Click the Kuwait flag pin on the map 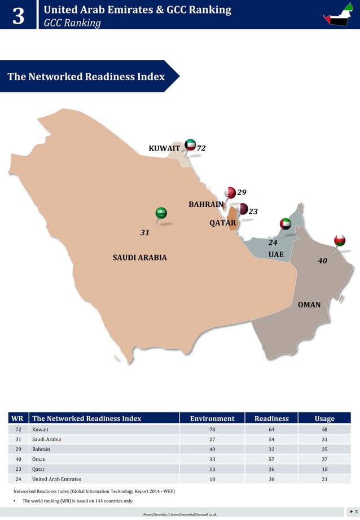[x=191, y=145]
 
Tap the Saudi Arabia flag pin [x=161, y=213]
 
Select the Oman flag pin [x=339, y=240]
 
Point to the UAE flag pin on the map [x=286, y=224]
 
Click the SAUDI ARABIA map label [x=140, y=258]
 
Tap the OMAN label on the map [x=309, y=305]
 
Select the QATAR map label [x=222, y=223]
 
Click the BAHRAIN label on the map [x=206, y=204]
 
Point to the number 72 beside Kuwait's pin [x=201, y=148]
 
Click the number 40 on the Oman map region [x=323, y=261]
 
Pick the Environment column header [x=212, y=418]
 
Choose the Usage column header [x=324, y=418]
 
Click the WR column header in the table [x=17, y=418]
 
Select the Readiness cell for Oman [x=271, y=459]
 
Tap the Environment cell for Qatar [x=212, y=469]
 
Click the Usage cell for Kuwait [x=324, y=429]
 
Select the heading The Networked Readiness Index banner [x=86, y=76]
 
